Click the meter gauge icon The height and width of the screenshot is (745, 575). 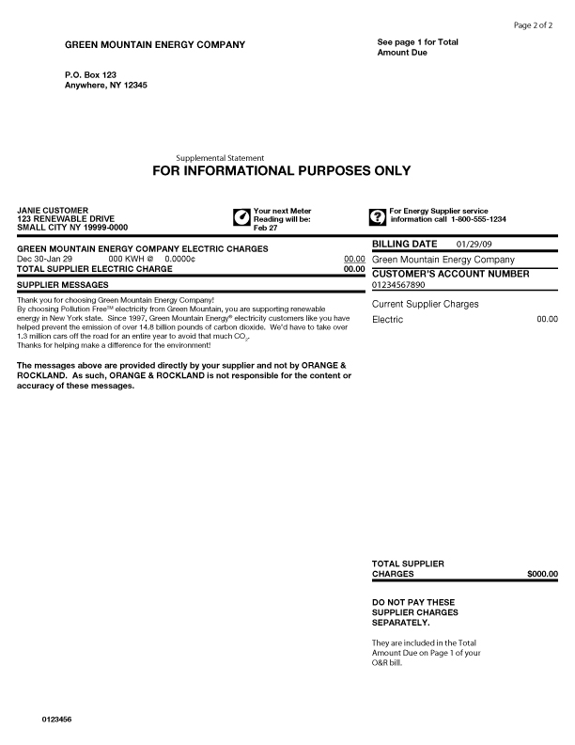coord(241,218)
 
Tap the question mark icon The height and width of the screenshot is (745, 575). coord(378,218)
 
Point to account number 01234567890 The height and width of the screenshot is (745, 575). coord(398,284)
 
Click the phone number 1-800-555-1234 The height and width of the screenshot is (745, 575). coord(478,219)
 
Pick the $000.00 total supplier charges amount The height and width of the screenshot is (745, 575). coord(542,573)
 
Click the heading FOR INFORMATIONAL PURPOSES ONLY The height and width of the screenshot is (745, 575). coord(281,171)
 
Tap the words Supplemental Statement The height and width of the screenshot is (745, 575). coord(220,157)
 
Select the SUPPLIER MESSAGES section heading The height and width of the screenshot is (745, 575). coord(63,284)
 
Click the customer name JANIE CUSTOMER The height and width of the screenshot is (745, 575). coord(54,211)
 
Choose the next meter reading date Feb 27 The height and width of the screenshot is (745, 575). coord(266,228)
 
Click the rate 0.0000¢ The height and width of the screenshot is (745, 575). coord(179,258)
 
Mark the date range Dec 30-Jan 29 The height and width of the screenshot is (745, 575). coord(45,258)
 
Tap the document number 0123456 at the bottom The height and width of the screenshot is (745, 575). coord(56,719)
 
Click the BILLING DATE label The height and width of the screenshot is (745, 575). coord(404,245)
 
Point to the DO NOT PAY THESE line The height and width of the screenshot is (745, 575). coord(413,602)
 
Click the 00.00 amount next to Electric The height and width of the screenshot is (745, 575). coord(547,320)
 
